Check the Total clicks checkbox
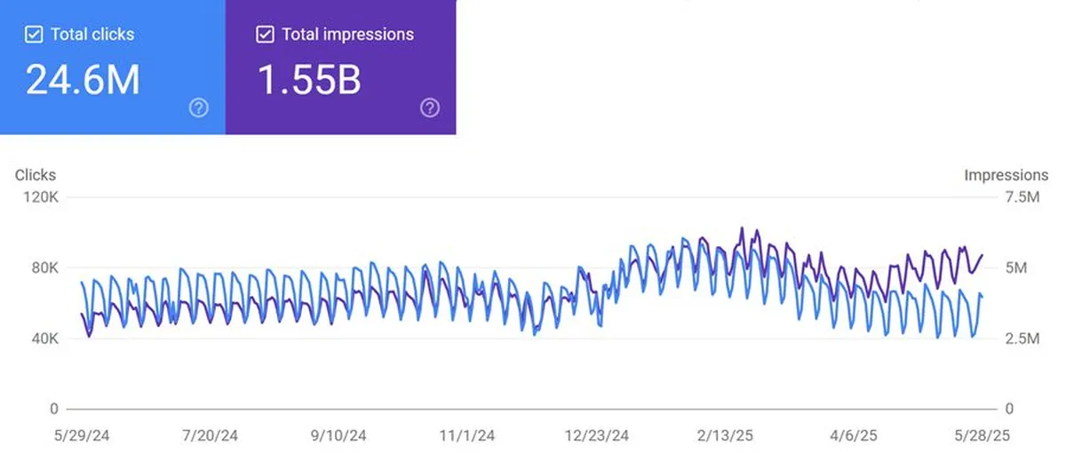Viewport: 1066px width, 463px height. [34, 35]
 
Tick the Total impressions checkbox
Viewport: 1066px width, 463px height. [265, 35]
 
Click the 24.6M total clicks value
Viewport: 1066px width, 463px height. [83, 79]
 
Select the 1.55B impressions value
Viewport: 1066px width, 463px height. [309, 79]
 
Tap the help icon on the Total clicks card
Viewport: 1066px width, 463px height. [198, 108]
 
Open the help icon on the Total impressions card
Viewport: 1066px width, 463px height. [430, 108]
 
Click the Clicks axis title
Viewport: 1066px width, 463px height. [36, 175]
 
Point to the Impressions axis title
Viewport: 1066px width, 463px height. [1006, 175]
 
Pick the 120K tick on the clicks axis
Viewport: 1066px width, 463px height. [41, 197]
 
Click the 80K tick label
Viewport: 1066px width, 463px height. [44, 267]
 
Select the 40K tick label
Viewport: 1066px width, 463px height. [44, 339]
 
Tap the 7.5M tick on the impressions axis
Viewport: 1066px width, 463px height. [1022, 197]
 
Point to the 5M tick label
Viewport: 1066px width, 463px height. [1016, 267]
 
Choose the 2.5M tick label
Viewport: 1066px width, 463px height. [1022, 339]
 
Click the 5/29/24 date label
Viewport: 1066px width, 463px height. [82, 435]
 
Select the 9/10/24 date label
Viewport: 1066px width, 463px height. [338, 435]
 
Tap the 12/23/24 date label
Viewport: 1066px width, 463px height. [596, 435]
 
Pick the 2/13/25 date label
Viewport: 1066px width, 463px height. [725, 435]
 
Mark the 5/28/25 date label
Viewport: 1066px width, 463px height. [982, 435]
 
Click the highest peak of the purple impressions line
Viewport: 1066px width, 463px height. [742, 228]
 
